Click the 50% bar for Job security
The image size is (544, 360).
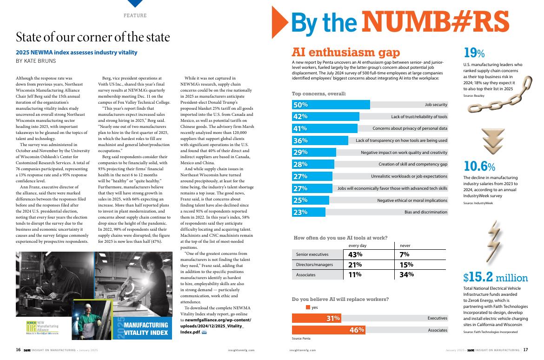tap(331, 105)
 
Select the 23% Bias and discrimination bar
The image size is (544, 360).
tap(309, 213)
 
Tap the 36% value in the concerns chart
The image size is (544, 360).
tap(300, 140)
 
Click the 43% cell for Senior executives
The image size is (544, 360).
tap(355, 254)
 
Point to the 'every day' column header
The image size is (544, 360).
tap(358, 245)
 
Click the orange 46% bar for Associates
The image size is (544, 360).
tap(328, 330)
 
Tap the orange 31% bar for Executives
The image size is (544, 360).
tap(316, 318)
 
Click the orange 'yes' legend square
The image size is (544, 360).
tap(308, 307)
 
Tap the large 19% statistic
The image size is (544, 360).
tap(474, 53)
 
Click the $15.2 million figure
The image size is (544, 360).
tap(495, 278)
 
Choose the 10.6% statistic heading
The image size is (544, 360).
tap(479, 166)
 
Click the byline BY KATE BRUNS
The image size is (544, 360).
tap(36, 61)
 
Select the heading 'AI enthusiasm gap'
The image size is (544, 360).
tap(345, 53)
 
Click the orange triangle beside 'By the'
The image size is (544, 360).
tap(278, 22)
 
